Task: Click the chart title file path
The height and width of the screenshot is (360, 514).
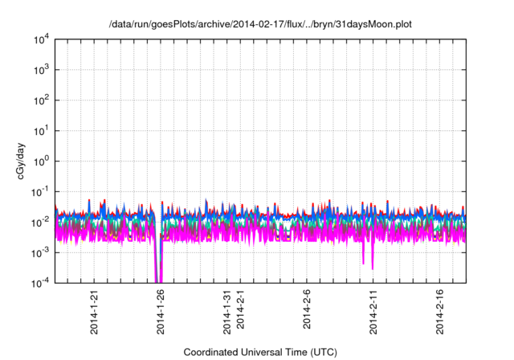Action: pyautogui.click(x=260, y=24)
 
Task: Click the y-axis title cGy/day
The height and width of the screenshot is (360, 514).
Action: pyautogui.click(x=26, y=160)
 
